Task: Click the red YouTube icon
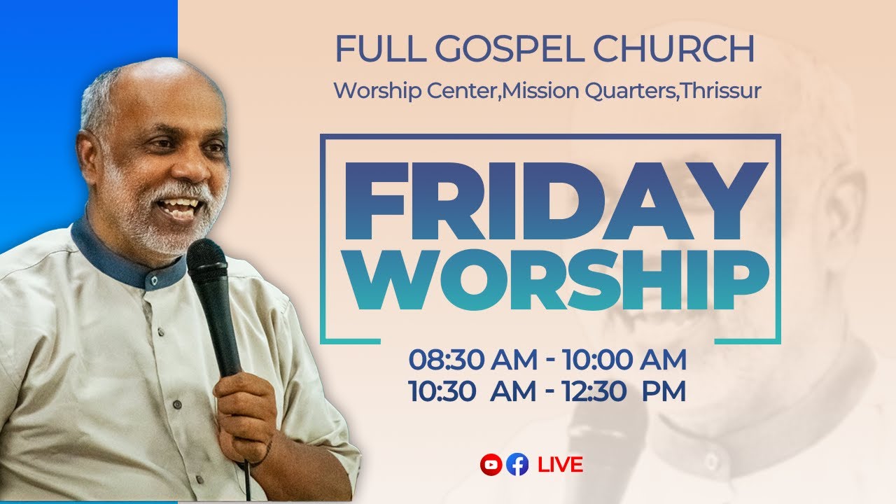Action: [489, 464]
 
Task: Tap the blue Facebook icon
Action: [517, 464]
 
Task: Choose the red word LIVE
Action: [560, 464]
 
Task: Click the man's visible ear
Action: [89, 157]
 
